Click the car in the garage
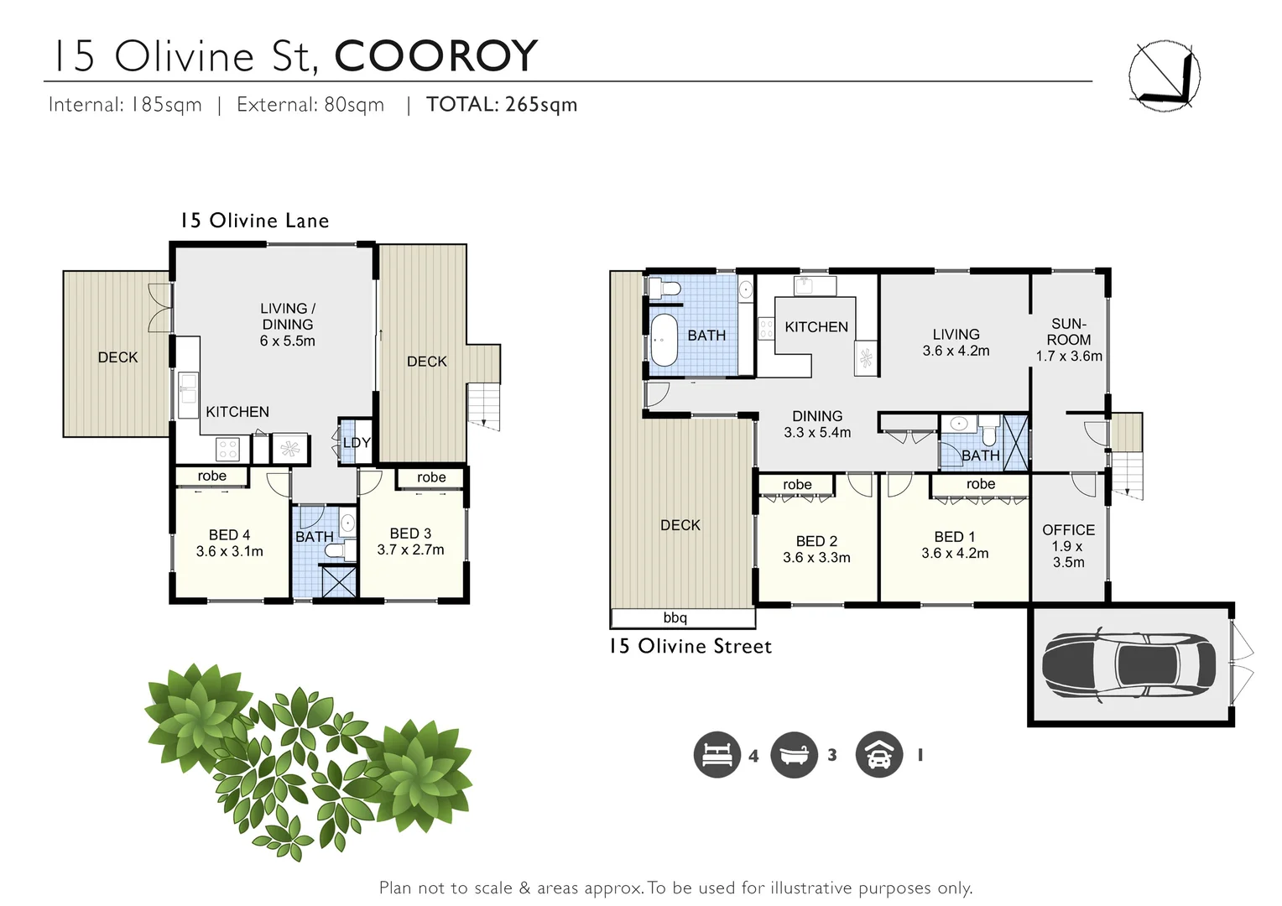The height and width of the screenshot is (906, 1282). point(1128,664)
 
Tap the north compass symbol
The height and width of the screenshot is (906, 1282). point(1164,75)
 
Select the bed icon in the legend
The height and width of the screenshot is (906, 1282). point(717,754)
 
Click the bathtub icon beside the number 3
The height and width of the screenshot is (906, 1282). point(794,754)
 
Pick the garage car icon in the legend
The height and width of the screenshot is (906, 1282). point(878,754)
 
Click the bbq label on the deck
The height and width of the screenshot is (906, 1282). point(675,618)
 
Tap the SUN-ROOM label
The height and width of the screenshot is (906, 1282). point(1069,340)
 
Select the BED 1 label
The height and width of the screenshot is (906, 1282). point(955,544)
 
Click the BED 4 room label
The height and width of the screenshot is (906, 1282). point(229,543)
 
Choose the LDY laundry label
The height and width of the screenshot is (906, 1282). point(357,443)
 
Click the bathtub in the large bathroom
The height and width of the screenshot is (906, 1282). point(664,341)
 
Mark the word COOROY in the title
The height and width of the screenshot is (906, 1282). point(435,56)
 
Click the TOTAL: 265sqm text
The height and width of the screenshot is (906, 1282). point(502,105)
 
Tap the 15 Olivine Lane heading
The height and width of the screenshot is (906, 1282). point(255,221)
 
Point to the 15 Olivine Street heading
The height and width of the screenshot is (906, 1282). point(690,646)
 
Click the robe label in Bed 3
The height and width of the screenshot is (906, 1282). point(431,477)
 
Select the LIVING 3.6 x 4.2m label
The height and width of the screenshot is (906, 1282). point(956,342)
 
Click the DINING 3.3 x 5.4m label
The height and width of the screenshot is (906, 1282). point(817,424)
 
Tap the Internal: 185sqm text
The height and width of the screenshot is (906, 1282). point(125,105)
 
